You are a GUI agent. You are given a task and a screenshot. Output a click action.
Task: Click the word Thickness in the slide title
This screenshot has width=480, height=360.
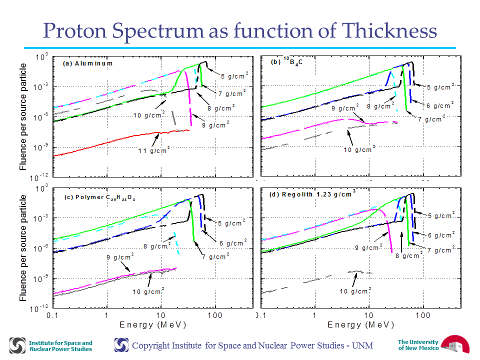pyautogui.click(x=389, y=30)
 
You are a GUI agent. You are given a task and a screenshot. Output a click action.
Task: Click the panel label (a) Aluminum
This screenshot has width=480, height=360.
pyautogui.click(x=88, y=63)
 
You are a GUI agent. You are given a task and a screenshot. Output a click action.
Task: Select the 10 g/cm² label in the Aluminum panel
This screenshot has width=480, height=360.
pyautogui.click(x=149, y=115)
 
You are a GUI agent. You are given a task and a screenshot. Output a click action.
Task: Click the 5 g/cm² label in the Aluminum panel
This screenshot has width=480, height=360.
pyautogui.click(x=234, y=75)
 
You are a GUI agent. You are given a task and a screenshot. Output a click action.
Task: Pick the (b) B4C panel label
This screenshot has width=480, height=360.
pyautogui.click(x=286, y=61)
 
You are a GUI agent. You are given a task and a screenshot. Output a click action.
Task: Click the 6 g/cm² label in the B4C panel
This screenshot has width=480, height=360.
pyautogui.click(x=440, y=105)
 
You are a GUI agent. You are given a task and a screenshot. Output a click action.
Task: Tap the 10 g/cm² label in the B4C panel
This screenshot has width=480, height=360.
pyautogui.click(x=359, y=149)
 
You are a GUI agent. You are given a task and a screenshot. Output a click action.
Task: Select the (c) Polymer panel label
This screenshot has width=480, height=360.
pyautogui.click(x=99, y=197)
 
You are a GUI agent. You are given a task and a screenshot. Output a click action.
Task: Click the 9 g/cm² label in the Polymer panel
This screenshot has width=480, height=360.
pyautogui.click(x=120, y=257)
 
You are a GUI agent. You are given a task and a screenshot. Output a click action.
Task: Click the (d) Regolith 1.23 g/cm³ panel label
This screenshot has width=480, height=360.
pyautogui.click(x=312, y=194)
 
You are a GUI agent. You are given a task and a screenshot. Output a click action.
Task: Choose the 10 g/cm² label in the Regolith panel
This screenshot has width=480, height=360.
pyautogui.click(x=355, y=291)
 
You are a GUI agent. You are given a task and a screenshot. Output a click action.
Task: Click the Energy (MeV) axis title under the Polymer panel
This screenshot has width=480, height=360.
pyautogui.click(x=153, y=325)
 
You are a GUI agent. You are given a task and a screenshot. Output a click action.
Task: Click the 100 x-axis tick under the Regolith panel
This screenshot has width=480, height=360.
pyautogui.click(x=423, y=315)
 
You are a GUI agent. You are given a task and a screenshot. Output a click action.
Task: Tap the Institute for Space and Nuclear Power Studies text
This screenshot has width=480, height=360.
pyautogui.click(x=60, y=346)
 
